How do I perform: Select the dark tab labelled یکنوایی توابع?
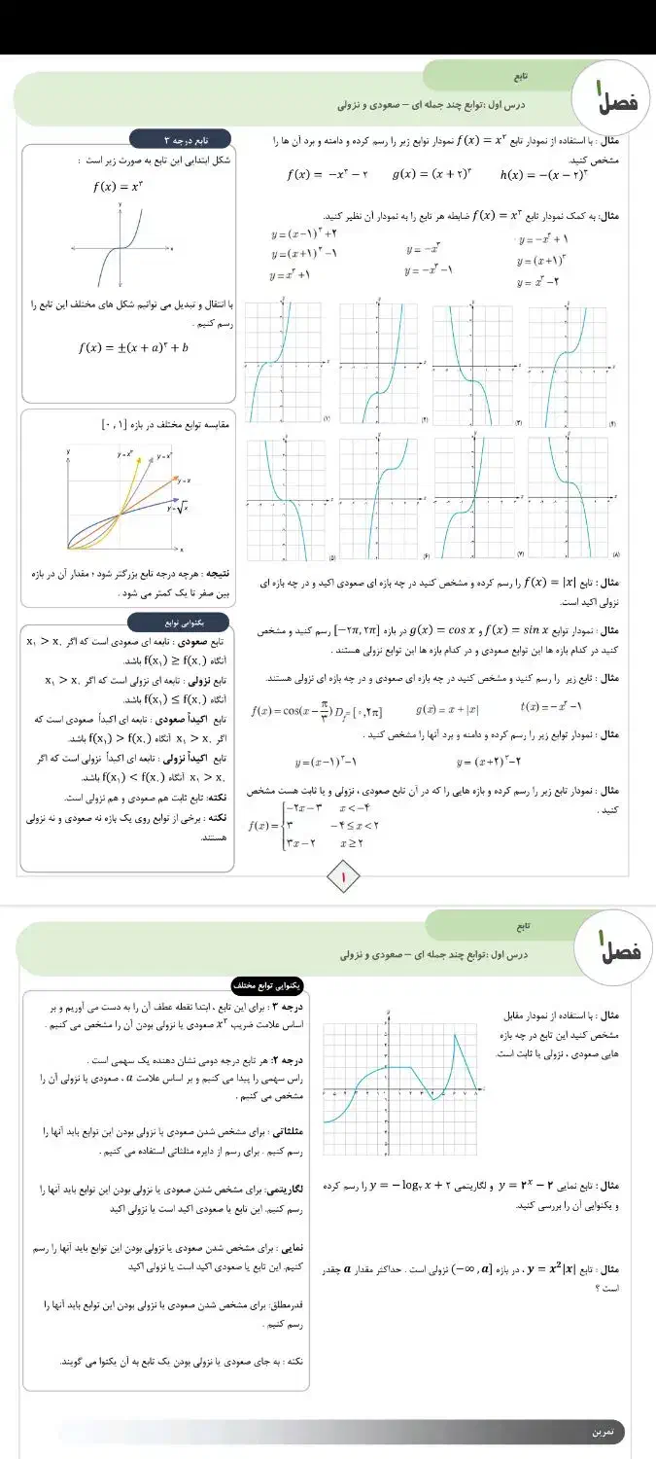(x=180, y=621)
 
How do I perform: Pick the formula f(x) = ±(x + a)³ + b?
(x=133, y=347)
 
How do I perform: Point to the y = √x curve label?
(x=176, y=509)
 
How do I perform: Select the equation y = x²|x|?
(x=542, y=1268)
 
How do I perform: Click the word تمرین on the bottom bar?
(x=604, y=1432)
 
